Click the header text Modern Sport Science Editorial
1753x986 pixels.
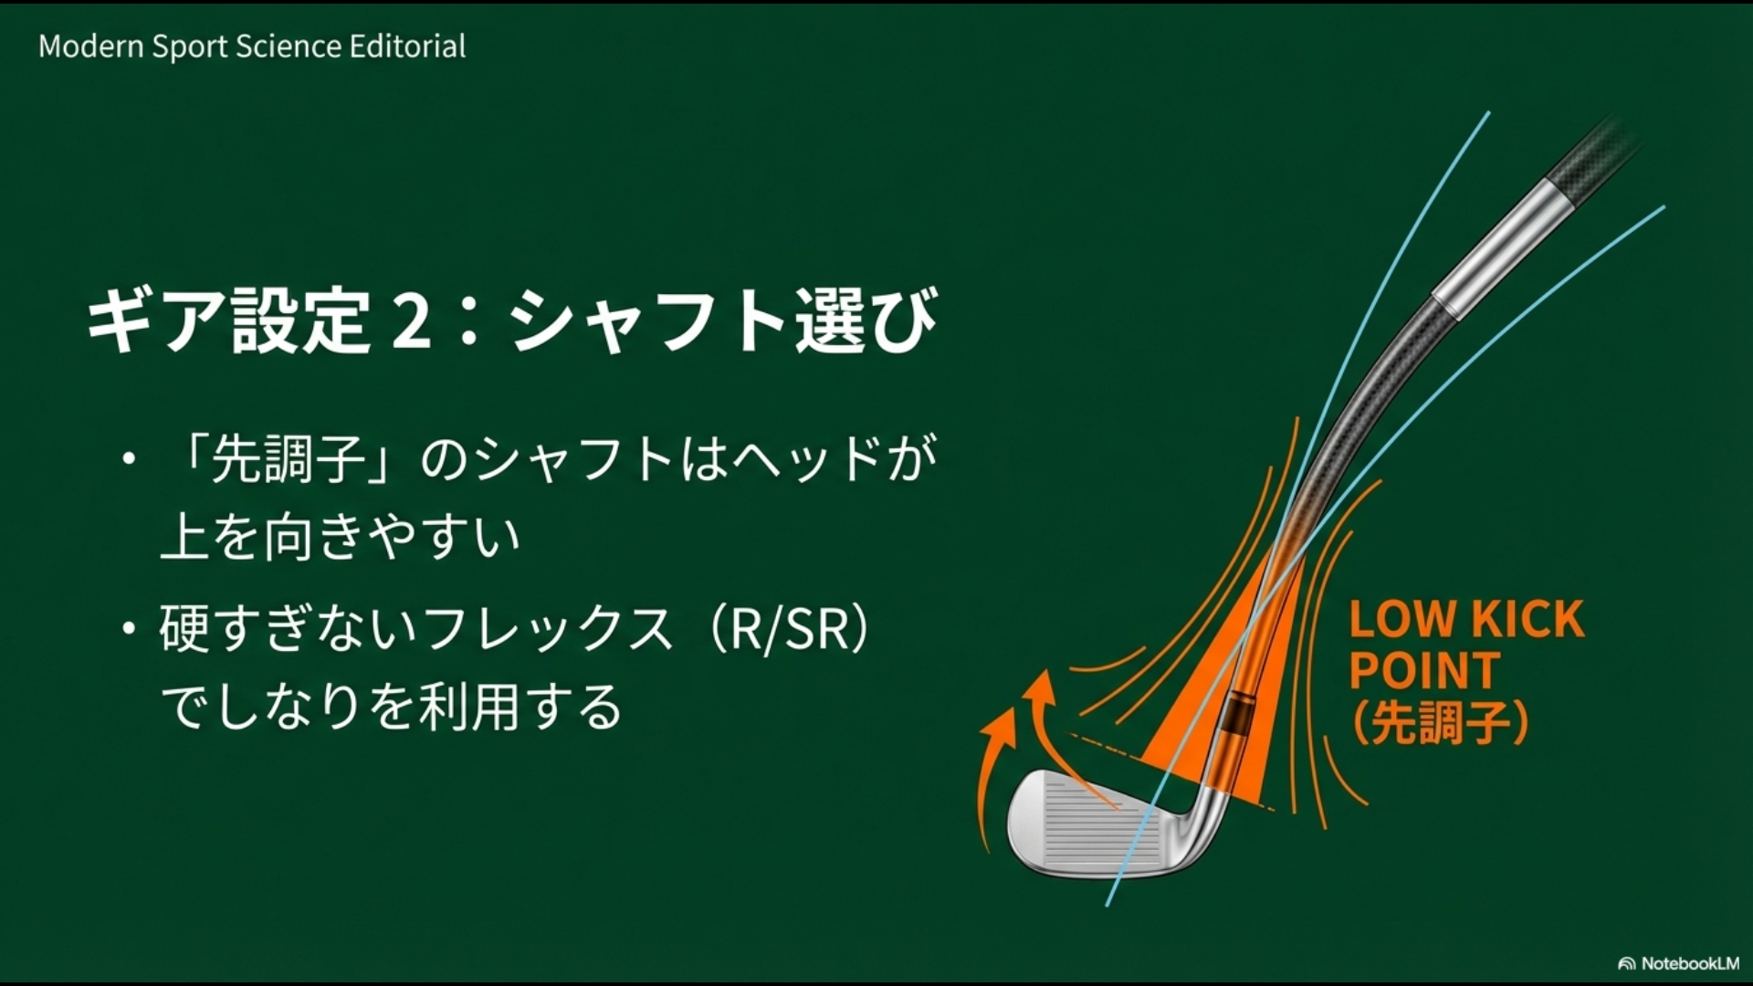252,47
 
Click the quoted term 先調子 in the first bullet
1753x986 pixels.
289,459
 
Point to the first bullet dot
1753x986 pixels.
130,458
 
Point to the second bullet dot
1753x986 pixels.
130,629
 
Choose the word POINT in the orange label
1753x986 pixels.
1424,671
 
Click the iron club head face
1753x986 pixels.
1086,826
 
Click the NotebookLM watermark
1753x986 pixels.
1679,963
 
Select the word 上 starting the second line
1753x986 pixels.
185,537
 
